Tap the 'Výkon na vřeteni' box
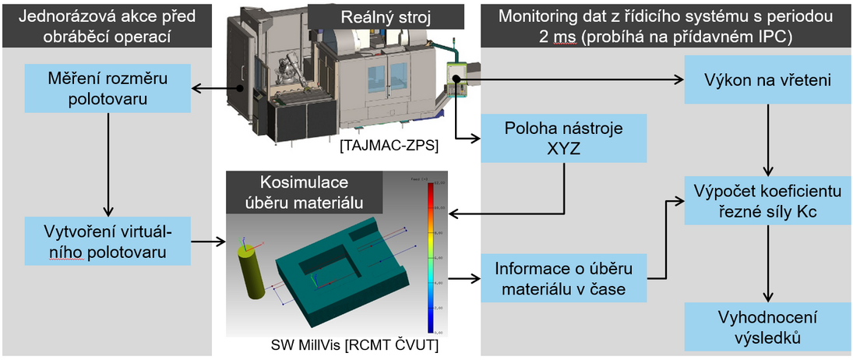pyautogui.click(x=769, y=79)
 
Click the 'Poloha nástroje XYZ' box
pyautogui.click(x=564, y=139)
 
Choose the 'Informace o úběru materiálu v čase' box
pyautogui.click(x=564, y=279)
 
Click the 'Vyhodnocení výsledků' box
pyautogui.click(x=769, y=328)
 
